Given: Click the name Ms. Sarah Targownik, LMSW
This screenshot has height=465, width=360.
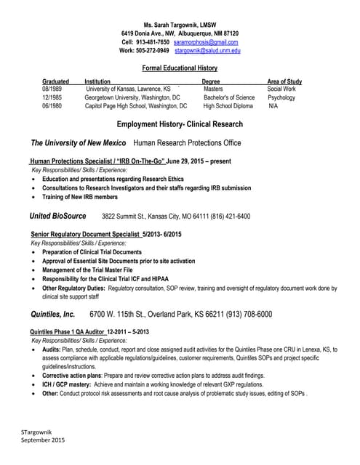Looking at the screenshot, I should (180, 25).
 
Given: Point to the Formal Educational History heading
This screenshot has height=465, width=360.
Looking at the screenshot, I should (180, 68).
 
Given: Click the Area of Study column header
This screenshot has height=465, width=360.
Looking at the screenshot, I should (284, 81).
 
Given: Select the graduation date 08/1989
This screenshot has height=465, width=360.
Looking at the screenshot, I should (52, 89).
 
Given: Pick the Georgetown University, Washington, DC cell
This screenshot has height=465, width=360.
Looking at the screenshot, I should (132, 97).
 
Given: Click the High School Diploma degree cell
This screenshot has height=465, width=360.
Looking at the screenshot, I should (228, 105).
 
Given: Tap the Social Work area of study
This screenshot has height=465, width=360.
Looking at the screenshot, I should (281, 89).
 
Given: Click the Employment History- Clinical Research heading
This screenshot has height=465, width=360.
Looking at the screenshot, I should (180, 124).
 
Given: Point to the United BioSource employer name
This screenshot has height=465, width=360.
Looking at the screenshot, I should (57, 216).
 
